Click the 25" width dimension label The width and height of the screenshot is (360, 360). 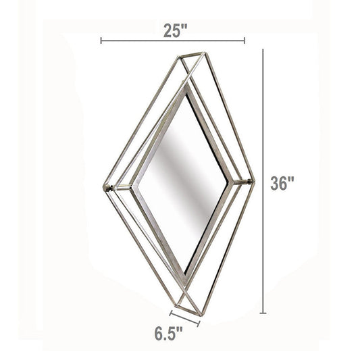pyautogui.click(x=176, y=31)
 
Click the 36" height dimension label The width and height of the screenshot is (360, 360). pyautogui.click(x=282, y=183)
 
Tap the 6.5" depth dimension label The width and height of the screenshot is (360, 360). pyautogui.click(x=169, y=334)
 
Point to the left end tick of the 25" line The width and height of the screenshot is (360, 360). pyautogui.click(x=101, y=41)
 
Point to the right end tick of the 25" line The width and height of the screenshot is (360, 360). pyautogui.click(x=245, y=41)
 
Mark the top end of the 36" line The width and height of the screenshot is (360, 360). pyautogui.click(x=263, y=49)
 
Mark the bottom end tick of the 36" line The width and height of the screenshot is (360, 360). pyautogui.click(x=263, y=313)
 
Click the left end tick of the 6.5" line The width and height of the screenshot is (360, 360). pyautogui.click(x=171, y=313)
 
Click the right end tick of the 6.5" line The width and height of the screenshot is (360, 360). pyautogui.click(x=199, y=324)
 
